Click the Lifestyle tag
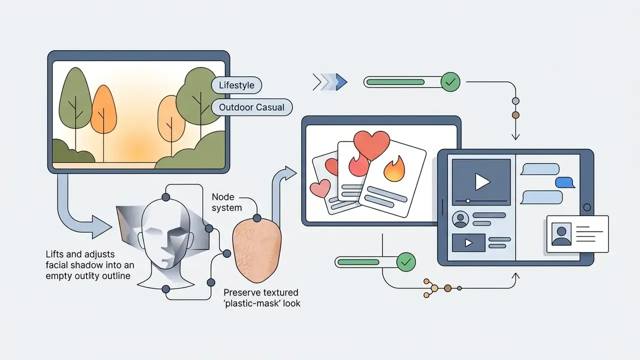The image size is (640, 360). pyautogui.click(x=236, y=85)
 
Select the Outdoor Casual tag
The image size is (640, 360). pyautogui.click(x=251, y=107)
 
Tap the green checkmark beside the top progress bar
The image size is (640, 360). pyautogui.click(x=450, y=82)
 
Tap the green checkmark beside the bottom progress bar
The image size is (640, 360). pyautogui.click(x=406, y=262)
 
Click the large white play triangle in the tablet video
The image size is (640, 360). pyautogui.click(x=482, y=181)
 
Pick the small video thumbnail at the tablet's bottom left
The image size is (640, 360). pyautogui.click(x=468, y=243)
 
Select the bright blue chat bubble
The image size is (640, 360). pyautogui.click(x=565, y=182)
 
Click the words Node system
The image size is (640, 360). pyautogui.click(x=227, y=202)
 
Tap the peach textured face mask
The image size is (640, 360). pyautogui.click(x=257, y=250)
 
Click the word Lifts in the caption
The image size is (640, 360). pyautogui.click(x=55, y=254)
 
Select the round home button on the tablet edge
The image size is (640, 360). pyautogui.click(x=587, y=207)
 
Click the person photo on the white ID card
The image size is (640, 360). pyautogui.click(x=561, y=234)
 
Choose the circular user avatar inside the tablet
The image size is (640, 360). pyautogui.click(x=460, y=219)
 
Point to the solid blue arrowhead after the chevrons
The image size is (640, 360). pyautogui.click(x=341, y=82)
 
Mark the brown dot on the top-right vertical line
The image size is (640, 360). pyautogui.click(x=515, y=115)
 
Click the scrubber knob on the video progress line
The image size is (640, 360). pyautogui.click(x=468, y=201)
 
